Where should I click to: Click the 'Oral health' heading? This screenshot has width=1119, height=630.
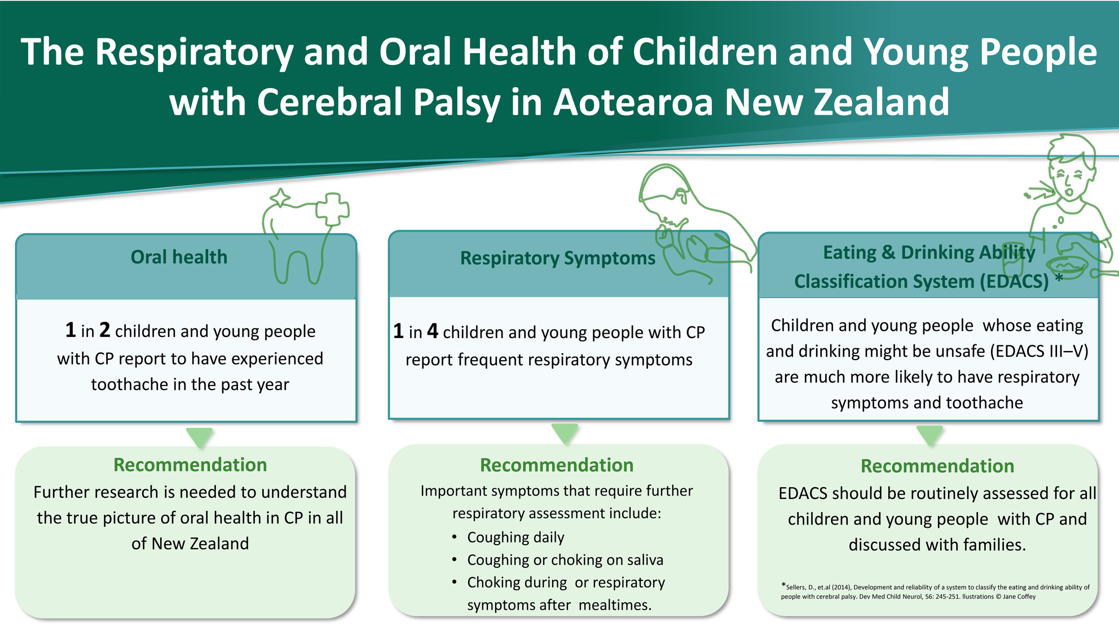(179, 257)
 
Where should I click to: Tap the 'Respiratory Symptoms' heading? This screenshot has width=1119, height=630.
(558, 259)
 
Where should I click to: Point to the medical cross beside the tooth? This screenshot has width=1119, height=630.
(332, 209)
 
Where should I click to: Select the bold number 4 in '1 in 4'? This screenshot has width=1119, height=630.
(433, 331)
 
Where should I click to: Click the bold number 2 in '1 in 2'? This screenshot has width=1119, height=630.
(105, 330)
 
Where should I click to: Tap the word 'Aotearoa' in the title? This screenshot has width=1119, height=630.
(633, 102)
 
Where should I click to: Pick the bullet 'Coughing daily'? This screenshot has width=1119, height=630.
(516, 537)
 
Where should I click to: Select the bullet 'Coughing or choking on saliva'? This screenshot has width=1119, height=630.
(565, 560)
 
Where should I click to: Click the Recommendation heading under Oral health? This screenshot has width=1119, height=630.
(190, 465)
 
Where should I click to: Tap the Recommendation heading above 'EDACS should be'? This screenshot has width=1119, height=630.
(937, 466)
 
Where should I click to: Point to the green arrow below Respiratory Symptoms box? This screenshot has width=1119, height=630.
(565, 434)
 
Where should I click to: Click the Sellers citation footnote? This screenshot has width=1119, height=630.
(935, 592)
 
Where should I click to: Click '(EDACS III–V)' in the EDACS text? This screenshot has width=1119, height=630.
(1039, 351)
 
